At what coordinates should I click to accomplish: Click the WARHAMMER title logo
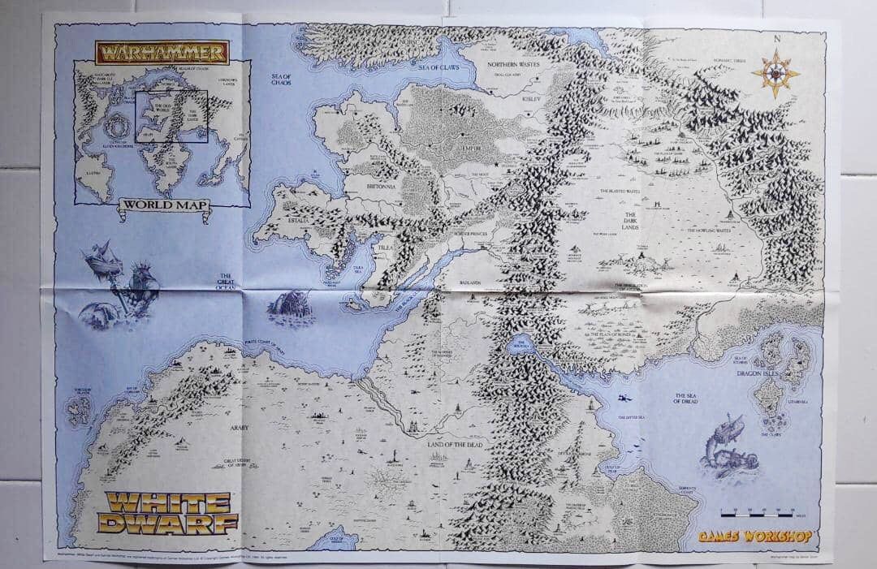[x=162, y=53]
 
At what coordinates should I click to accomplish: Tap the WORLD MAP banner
[x=164, y=206]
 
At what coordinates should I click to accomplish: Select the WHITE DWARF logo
[x=169, y=512]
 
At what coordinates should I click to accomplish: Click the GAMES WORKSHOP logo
[x=757, y=537]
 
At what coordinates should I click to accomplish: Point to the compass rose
[x=775, y=73]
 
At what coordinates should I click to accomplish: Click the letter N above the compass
[x=776, y=39]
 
